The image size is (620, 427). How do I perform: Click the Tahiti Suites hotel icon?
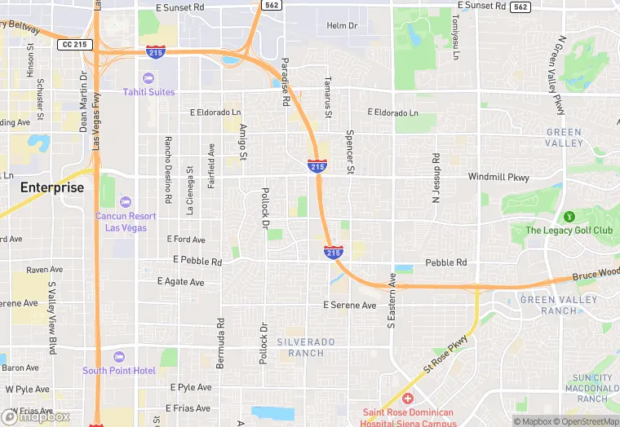pyautogui.click(x=148, y=78)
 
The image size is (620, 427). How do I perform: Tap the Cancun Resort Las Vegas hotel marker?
pyautogui.click(x=125, y=202)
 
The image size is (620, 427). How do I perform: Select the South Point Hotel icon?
pyautogui.click(x=119, y=357)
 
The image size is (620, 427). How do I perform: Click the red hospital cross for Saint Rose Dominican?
pyautogui.click(x=407, y=398)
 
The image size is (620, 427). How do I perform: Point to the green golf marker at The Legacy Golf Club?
pyautogui.click(x=569, y=217)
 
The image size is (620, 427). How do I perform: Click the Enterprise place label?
pyautogui.click(x=52, y=187)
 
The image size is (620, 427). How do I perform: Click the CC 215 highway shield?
pyautogui.click(x=73, y=44)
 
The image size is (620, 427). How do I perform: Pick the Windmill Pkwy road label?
pyautogui.click(x=498, y=177)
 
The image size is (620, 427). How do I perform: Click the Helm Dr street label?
pyautogui.click(x=342, y=26)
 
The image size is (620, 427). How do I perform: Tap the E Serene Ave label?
pyautogui.click(x=350, y=306)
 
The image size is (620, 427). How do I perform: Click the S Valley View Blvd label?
pyautogui.click(x=52, y=319)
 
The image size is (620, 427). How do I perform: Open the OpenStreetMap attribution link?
pyautogui.click(x=589, y=421)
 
